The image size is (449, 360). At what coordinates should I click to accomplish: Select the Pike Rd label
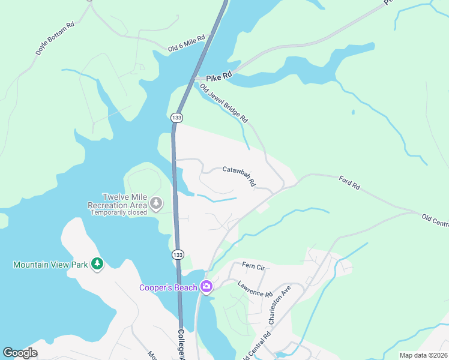218,78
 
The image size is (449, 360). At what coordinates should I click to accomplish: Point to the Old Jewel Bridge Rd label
224,103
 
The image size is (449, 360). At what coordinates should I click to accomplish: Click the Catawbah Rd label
239,175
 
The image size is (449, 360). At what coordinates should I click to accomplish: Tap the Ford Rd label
349,182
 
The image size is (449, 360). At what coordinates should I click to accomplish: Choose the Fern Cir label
253,265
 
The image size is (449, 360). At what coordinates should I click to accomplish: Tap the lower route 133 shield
176,254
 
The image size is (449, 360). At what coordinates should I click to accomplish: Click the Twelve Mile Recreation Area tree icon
156,204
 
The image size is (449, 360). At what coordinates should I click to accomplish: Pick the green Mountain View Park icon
97,264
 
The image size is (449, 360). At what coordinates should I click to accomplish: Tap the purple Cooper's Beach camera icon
207,287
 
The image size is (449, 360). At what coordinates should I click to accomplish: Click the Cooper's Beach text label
168,287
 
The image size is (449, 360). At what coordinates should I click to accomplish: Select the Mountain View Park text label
50,264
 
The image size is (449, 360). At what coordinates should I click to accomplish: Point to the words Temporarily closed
119,212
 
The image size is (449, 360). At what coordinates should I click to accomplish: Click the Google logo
20,352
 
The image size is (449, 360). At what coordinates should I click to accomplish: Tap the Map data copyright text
424,355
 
